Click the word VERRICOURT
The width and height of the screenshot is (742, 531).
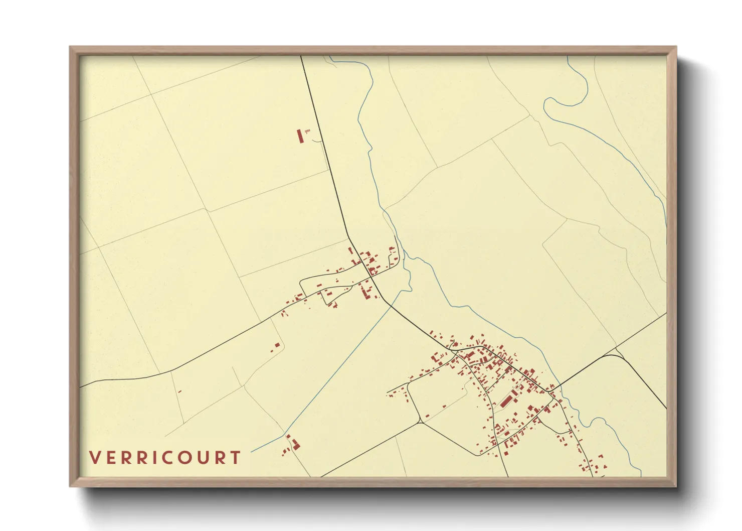[x=165, y=458]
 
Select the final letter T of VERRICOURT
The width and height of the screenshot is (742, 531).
[x=235, y=458]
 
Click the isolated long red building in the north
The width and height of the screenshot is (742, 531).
[x=300, y=136]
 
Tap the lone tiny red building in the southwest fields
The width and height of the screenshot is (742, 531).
[x=179, y=391]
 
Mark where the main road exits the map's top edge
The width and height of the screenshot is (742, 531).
[x=301, y=56]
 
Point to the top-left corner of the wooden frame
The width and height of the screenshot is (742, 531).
[x=71, y=47]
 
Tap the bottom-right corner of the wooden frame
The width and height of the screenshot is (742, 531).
[x=676, y=486]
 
